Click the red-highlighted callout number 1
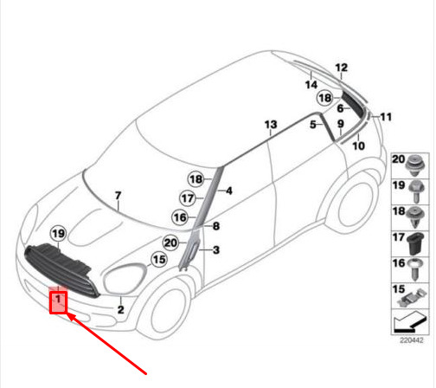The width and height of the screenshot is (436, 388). click(x=58, y=299)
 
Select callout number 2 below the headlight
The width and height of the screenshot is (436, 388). click(x=121, y=310)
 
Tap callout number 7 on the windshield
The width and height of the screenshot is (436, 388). click(x=118, y=196)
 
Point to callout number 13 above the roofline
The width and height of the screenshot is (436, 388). click(x=271, y=125)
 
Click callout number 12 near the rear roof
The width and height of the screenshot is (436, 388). click(x=342, y=68)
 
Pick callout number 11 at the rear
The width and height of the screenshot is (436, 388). click(x=386, y=117)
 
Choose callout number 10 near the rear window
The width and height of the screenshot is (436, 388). click(x=359, y=145)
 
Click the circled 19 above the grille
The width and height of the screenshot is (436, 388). click(x=59, y=234)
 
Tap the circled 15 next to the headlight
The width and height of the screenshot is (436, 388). click(x=159, y=260)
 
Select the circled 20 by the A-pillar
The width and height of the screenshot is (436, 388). click(x=170, y=242)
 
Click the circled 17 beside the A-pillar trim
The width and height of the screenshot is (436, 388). click(x=188, y=198)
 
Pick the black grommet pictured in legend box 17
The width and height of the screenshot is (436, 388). click(x=416, y=243)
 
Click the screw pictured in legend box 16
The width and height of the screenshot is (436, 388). click(x=415, y=269)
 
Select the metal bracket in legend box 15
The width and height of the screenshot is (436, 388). click(x=412, y=298)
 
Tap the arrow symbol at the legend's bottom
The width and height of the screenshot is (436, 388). click(x=409, y=321)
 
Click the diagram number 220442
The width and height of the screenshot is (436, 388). click(x=412, y=340)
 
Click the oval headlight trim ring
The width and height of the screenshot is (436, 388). click(x=125, y=278)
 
